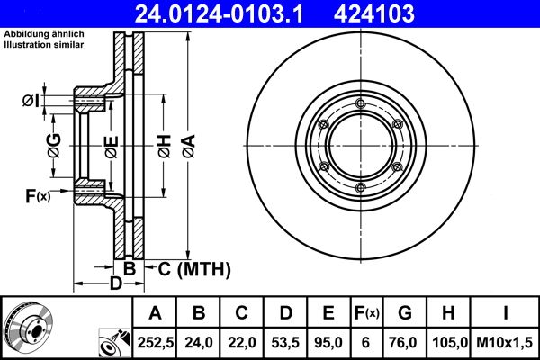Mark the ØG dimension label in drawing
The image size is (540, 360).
(54, 144)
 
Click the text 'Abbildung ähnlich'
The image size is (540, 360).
(44, 33)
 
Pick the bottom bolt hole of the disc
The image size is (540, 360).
(359, 187)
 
